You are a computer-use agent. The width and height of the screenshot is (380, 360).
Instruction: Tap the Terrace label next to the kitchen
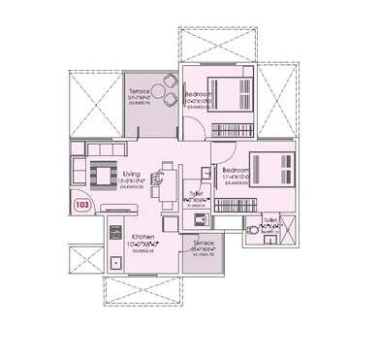[x=205, y=243]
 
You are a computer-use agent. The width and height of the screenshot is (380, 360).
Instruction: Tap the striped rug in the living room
[x=101, y=175]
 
